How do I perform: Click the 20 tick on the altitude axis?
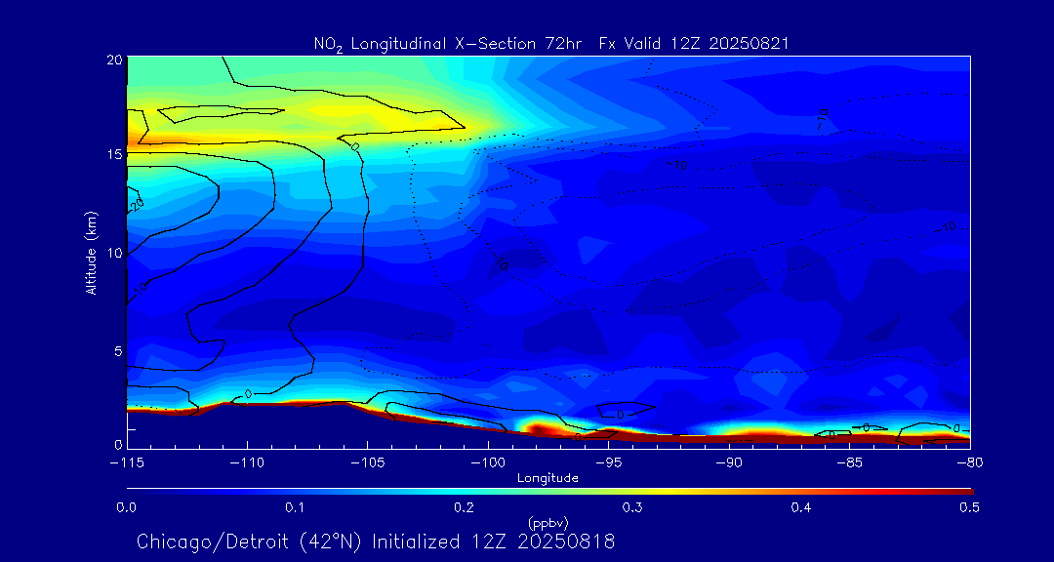(x=113, y=60)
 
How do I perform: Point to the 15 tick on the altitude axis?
(x=113, y=155)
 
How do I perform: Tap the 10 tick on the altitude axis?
(x=113, y=253)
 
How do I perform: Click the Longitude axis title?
(x=547, y=478)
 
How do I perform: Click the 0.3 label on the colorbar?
(x=632, y=507)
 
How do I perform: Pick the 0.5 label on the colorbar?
(x=970, y=507)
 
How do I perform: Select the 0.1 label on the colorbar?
(x=295, y=507)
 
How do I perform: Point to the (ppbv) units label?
(x=547, y=522)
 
